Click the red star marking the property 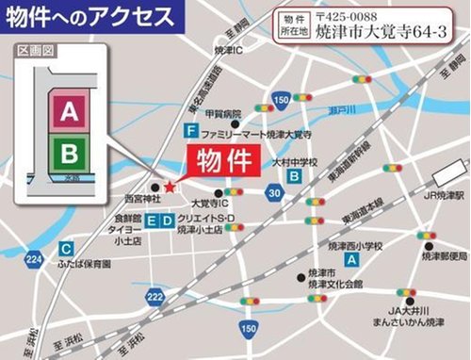tap(169, 187)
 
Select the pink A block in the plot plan tap(68, 113)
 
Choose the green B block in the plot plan tap(68, 150)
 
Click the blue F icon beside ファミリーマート tap(191, 130)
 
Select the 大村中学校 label tap(297, 162)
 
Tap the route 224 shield tap(35, 256)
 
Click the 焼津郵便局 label tap(444, 255)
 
